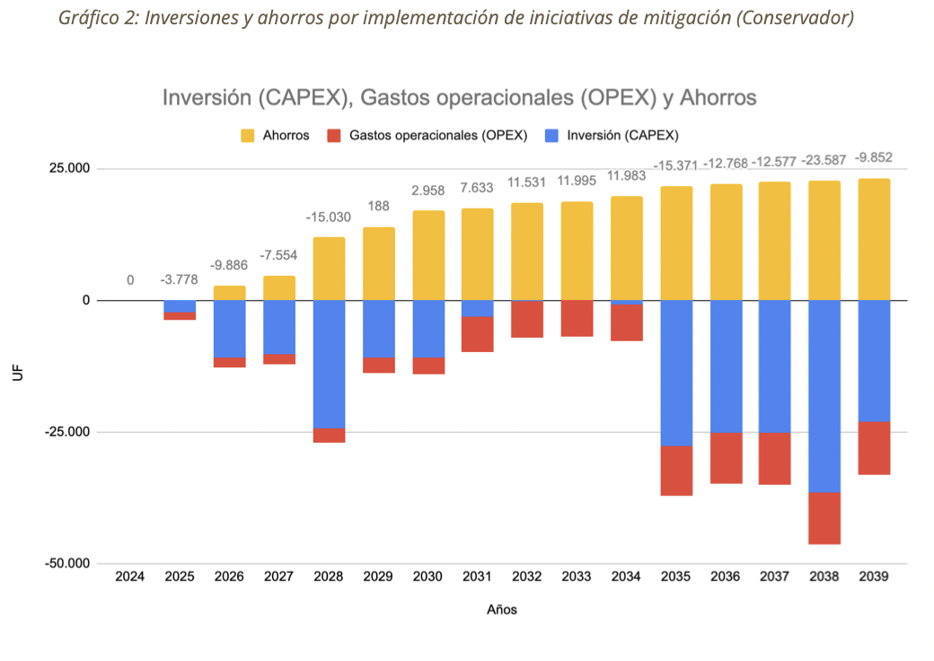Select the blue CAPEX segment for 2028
pyautogui.click(x=329, y=364)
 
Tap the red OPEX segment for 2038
pyautogui.click(x=824, y=518)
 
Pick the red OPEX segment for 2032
pyautogui.click(x=527, y=319)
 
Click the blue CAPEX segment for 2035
pyautogui.click(x=676, y=373)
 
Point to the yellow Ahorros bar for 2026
pyautogui.click(x=230, y=293)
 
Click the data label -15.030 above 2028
pyautogui.click(x=328, y=217)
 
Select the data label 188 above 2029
pyautogui.click(x=378, y=207)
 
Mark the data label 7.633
pyautogui.click(x=478, y=189)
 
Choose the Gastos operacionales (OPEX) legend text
pyautogui.click(x=437, y=136)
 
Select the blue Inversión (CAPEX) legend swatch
pyautogui.click(x=551, y=136)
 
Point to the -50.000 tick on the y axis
pyautogui.click(x=66, y=563)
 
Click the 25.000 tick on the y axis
pyautogui.click(x=70, y=169)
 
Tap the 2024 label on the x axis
pyautogui.click(x=130, y=577)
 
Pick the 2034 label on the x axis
pyautogui.click(x=626, y=577)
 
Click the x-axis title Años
pyautogui.click(x=502, y=609)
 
